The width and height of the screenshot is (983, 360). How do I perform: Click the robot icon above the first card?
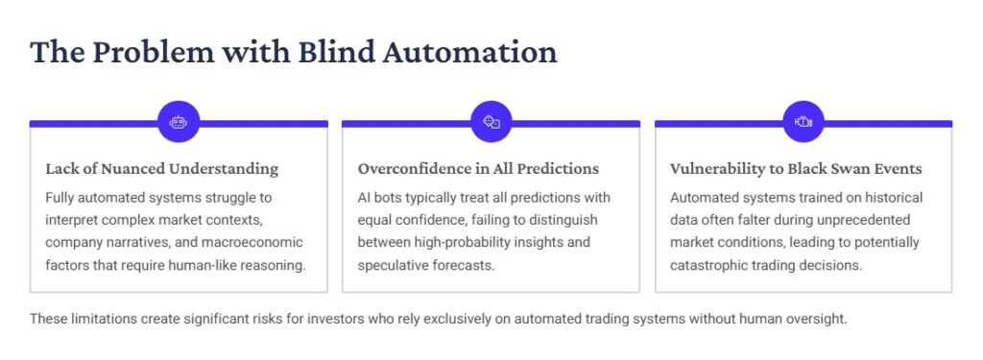click(x=179, y=122)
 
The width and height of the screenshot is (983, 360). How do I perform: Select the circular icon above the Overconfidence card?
click(x=491, y=122)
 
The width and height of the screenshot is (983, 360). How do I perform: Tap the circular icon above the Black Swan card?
click(x=803, y=122)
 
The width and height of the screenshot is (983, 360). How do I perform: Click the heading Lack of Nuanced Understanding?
click(x=161, y=169)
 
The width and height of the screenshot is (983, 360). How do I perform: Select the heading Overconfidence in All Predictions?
click(x=478, y=169)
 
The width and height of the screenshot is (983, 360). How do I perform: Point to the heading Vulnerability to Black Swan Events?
click(x=796, y=169)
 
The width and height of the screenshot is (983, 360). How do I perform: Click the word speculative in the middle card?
click(x=394, y=264)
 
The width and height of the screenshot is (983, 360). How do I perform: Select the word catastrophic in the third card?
click(x=711, y=264)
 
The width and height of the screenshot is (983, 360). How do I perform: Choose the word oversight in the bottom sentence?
click(x=815, y=319)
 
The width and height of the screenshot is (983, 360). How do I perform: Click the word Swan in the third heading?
click(x=833, y=169)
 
